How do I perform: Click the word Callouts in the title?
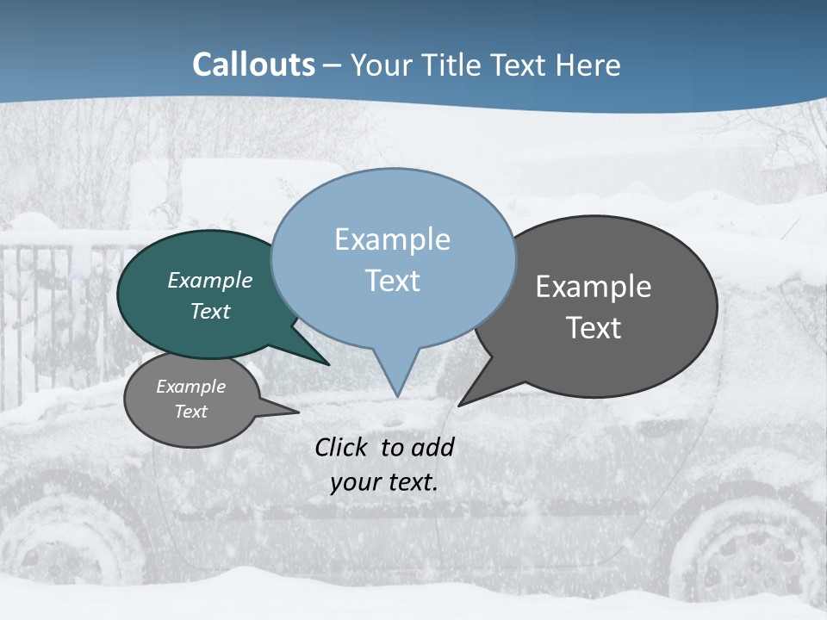pyautogui.click(x=253, y=65)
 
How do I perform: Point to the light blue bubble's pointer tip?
pyautogui.click(x=397, y=394)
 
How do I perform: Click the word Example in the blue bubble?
pyautogui.click(x=392, y=239)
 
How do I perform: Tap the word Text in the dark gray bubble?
pyautogui.click(x=594, y=328)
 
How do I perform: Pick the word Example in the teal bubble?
pyautogui.click(x=210, y=280)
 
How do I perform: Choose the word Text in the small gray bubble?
pyautogui.click(x=190, y=412)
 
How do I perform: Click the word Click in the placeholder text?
pyautogui.click(x=341, y=447)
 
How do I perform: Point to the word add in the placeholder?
pyautogui.click(x=432, y=447)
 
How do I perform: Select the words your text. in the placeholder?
pyautogui.click(x=383, y=482)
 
